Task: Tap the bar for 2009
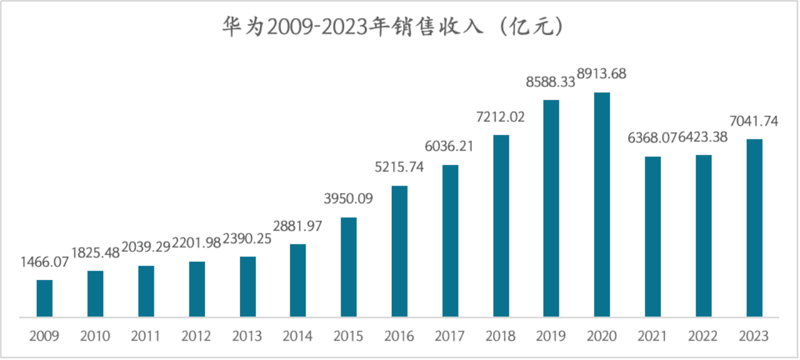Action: (44, 298)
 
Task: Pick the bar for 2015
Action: (349, 267)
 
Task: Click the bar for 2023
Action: (754, 227)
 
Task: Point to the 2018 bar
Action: (501, 226)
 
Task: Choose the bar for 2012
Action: (197, 289)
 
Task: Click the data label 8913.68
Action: (601, 74)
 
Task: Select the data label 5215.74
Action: (399, 168)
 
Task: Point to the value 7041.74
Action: (753, 121)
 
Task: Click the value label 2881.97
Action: (297, 226)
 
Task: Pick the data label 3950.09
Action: (348, 199)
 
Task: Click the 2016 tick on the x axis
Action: (399, 336)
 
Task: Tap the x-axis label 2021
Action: (652, 336)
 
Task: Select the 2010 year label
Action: (95, 336)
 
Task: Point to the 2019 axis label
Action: (551, 336)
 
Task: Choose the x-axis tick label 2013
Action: (247, 336)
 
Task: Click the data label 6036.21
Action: (449, 147)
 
